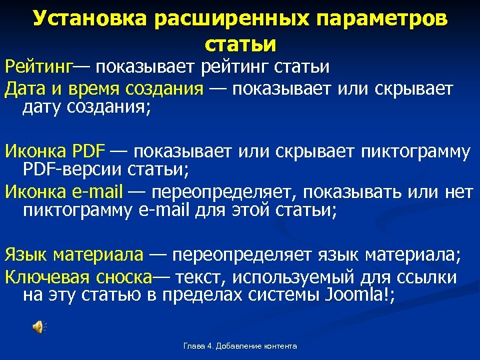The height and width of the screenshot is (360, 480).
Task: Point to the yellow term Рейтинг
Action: pyautogui.click(x=39, y=67)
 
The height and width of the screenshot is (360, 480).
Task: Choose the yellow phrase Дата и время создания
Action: pyautogui.click(x=103, y=89)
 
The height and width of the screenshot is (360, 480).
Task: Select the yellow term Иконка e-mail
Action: pyautogui.click(x=64, y=193)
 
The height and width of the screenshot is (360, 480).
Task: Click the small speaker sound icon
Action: pyautogui.click(x=39, y=326)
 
